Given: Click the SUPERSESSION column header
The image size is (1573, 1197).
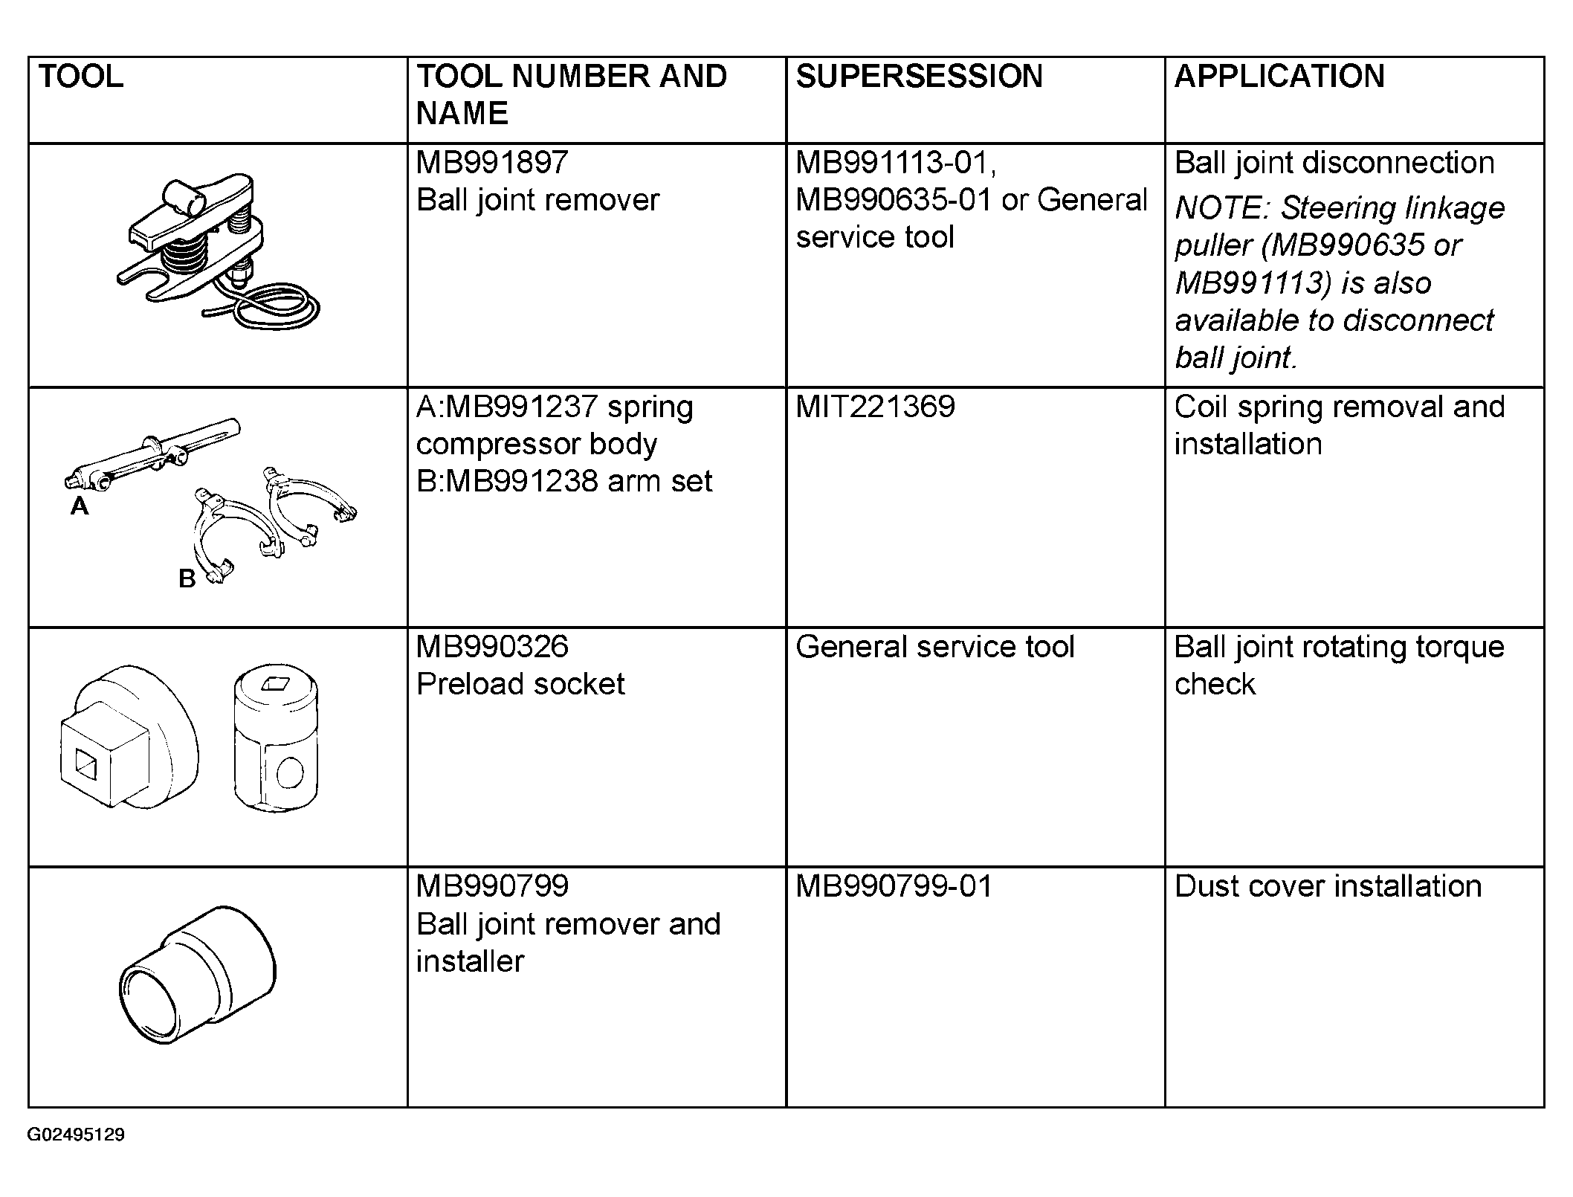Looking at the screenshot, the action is click(919, 76).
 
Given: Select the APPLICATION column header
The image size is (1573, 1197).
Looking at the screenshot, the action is click(1279, 76).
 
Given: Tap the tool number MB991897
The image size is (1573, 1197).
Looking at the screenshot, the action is click(492, 162).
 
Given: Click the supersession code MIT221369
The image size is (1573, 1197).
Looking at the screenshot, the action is click(875, 406).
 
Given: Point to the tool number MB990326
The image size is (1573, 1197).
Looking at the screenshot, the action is click(492, 646).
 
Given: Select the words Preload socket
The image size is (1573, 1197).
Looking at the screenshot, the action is click(520, 683).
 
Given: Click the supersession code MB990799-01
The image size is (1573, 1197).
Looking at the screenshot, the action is click(894, 885).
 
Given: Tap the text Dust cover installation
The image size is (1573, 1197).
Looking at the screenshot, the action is click(1328, 885).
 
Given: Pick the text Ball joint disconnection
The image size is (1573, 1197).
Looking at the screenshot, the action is click(1334, 162).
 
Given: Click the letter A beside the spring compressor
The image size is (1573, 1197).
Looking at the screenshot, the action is click(79, 506).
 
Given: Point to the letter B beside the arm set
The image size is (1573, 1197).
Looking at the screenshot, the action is click(187, 578).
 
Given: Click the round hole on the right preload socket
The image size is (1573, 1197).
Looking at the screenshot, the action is click(290, 772).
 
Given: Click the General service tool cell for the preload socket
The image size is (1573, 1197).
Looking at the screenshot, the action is click(934, 646).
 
